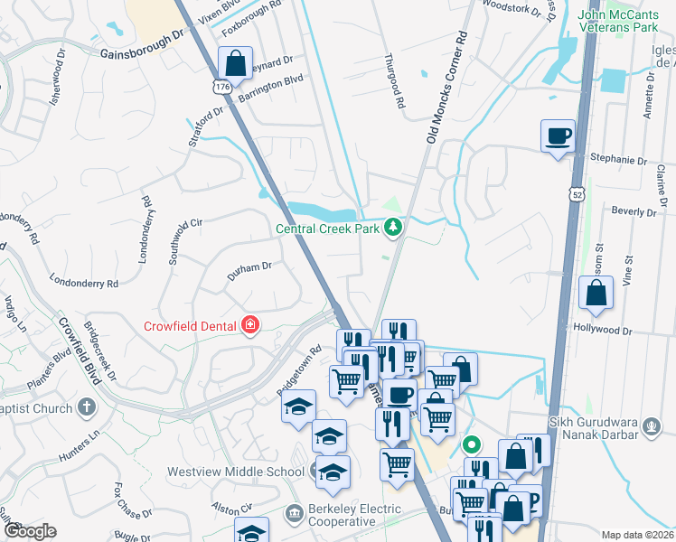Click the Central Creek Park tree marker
(392, 227)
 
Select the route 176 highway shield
(221, 87)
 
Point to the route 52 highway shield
(577, 194)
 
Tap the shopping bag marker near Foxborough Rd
(235, 64)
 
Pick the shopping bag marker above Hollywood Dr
(596, 294)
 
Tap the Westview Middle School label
(235, 472)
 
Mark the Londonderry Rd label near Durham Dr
(84, 282)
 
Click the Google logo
(29, 531)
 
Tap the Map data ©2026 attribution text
(637, 535)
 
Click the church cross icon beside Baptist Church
(87, 406)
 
